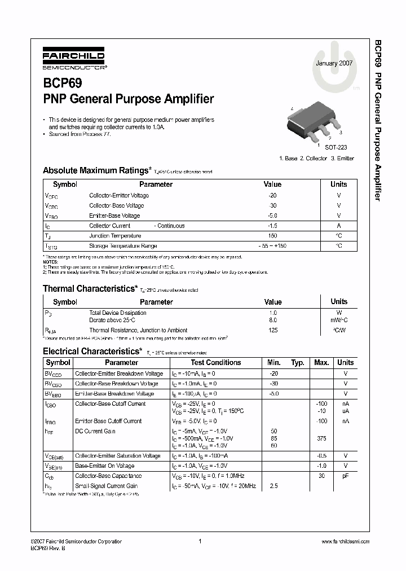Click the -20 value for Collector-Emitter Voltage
[x=272, y=195]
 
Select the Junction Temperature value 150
[x=272, y=236]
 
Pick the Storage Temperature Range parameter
[x=123, y=246]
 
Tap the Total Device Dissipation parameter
[x=118, y=312]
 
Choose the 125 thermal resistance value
[x=273, y=330]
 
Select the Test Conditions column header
[x=216, y=363]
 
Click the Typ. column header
[x=298, y=363]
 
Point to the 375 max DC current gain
[x=321, y=438]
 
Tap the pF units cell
[x=345, y=476]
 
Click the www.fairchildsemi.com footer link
[x=345, y=542]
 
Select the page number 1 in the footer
[x=200, y=542]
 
